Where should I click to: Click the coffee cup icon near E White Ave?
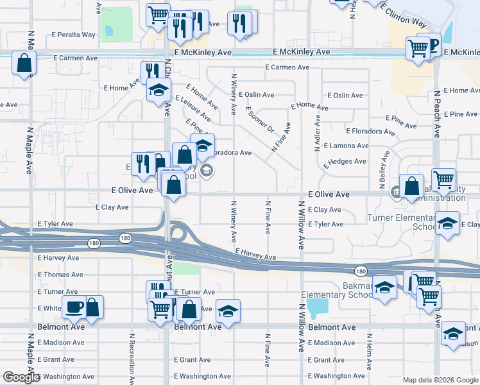74,307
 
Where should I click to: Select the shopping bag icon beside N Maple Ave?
24,63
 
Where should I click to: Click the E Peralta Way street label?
75,34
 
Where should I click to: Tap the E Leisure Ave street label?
193,108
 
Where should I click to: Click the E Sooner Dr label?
260,120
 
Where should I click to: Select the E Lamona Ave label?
346,146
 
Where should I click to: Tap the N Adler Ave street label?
317,133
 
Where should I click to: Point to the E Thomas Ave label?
60,275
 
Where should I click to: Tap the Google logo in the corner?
21,377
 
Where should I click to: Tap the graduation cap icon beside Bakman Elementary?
384,287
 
